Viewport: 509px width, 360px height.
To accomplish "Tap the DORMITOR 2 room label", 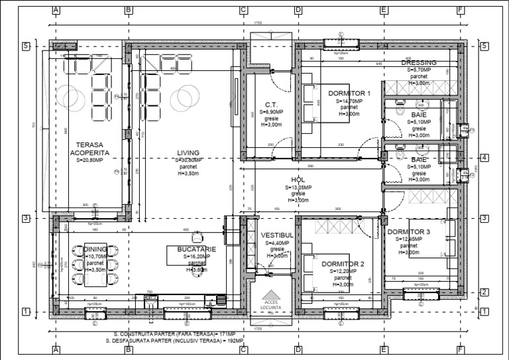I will pyautogui.click(x=344, y=263).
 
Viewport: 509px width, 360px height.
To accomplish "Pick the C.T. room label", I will pyautogui.click(x=270, y=105).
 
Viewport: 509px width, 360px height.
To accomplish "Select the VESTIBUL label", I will pyautogui.click(x=277, y=235).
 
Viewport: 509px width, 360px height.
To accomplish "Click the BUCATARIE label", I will pyautogui.click(x=188, y=247).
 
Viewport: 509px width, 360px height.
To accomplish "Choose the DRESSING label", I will pyautogui.click(x=419, y=62).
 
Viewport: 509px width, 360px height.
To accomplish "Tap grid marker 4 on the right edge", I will pyautogui.click(x=484, y=158).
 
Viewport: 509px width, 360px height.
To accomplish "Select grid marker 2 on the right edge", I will pyautogui.click(x=484, y=292).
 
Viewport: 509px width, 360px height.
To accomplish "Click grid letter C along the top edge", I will pyautogui.click(x=243, y=10).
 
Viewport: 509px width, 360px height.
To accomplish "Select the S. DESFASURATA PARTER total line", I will pyautogui.click(x=174, y=340).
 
